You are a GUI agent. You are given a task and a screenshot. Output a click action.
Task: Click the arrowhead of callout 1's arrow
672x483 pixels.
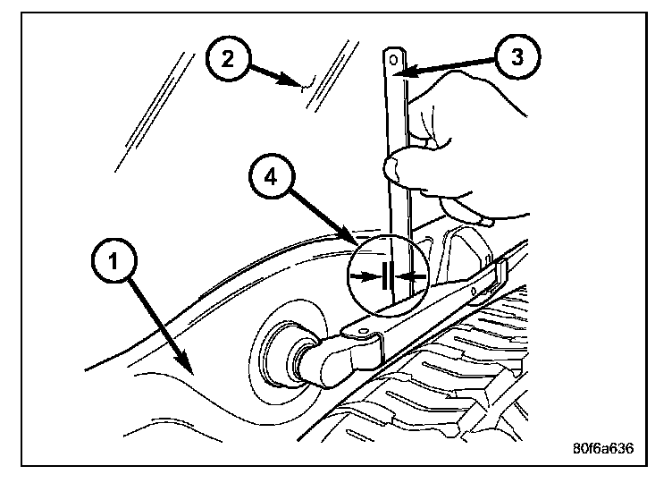click(189, 367)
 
